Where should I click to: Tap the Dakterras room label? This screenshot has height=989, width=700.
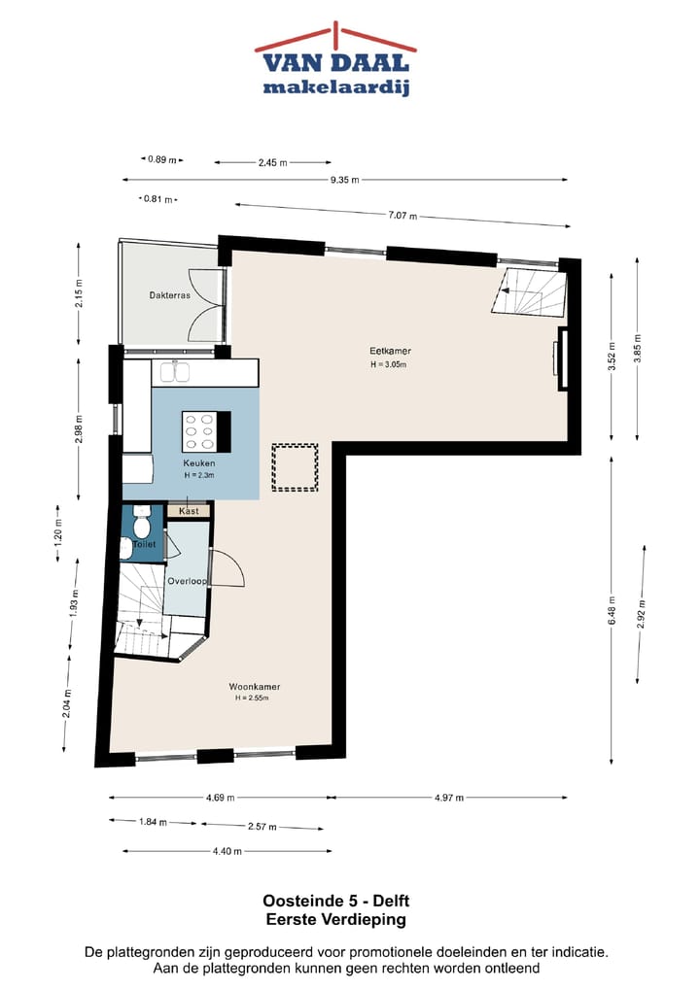point(169,295)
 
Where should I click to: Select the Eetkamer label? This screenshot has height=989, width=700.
point(386,351)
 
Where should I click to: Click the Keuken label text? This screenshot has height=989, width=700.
point(198,463)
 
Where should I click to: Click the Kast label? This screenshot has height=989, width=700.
point(190,510)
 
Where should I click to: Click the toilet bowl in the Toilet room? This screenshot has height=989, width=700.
point(142,526)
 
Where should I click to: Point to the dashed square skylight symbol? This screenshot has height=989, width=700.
point(295,467)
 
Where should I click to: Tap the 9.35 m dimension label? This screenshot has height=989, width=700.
point(344,180)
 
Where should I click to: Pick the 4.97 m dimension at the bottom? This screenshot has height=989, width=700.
point(448,798)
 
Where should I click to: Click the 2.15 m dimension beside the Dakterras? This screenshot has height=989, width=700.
point(79,291)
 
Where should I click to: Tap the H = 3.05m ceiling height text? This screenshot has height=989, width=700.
point(387,365)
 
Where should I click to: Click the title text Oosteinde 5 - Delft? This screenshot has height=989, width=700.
point(335,902)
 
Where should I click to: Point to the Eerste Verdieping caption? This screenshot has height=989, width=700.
point(335,919)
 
